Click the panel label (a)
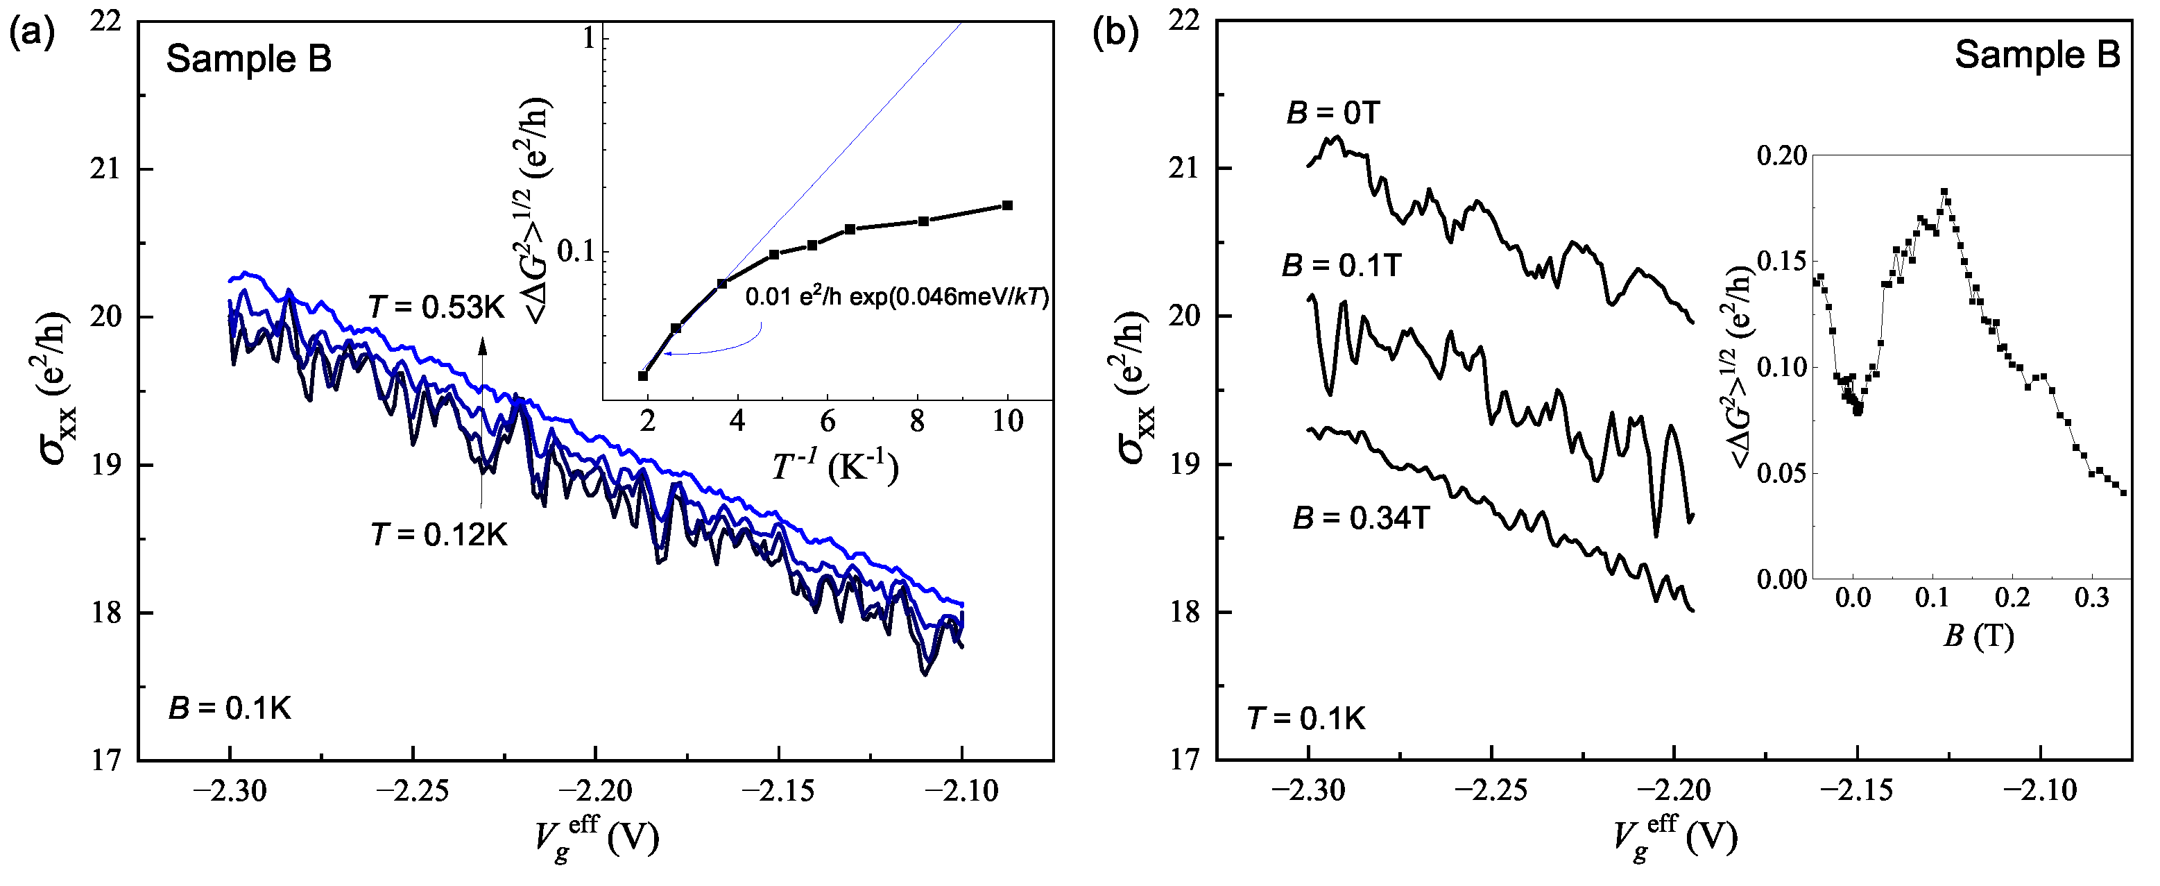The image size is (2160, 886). [32, 35]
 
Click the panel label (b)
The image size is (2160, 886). [1116, 35]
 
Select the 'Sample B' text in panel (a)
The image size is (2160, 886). [248, 60]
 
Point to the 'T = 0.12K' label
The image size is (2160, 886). [438, 534]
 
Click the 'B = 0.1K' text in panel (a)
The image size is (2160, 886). [230, 709]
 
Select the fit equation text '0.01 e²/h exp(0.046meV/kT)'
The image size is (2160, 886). [896, 297]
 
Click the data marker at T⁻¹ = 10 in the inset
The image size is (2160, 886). [1008, 205]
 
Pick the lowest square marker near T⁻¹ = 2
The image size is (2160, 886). [643, 375]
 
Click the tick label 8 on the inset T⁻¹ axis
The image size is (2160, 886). [917, 421]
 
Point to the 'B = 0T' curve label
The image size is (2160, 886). [1333, 113]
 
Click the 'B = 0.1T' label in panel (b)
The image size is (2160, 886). [1342, 266]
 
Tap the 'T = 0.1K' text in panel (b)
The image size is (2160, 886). [1306, 719]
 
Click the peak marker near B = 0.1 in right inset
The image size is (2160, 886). [1944, 192]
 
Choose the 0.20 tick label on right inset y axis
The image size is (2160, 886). [1782, 156]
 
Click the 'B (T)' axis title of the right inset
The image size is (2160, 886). [1978, 637]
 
